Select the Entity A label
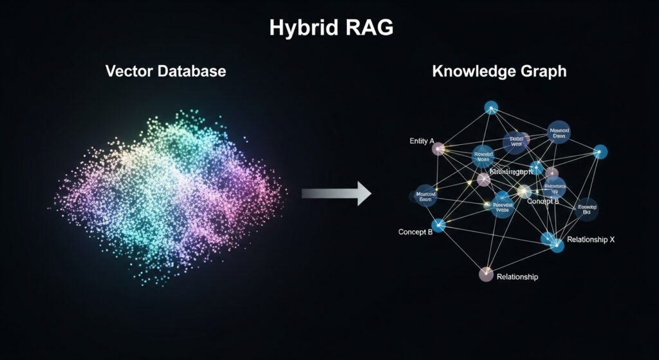click(422, 140)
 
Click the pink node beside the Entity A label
click(439, 149)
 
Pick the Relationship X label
click(591, 240)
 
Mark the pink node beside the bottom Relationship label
click(487, 274)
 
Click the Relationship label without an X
click(517, 277)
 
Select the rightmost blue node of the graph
click(600, 152)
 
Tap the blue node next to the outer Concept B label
click(438, 225)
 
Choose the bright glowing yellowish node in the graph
click(524, 191)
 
